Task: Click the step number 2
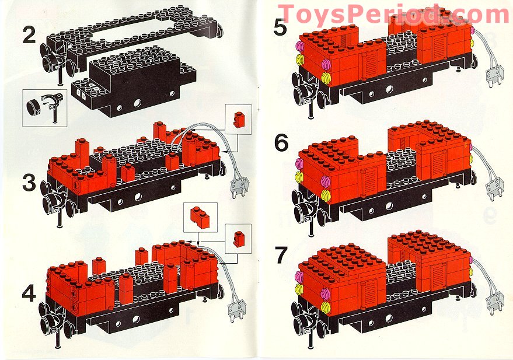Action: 29,36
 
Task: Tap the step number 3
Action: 29,182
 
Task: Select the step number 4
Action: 29,293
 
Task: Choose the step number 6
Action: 281,143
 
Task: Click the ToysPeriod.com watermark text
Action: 394,15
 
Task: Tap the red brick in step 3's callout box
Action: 239,119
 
